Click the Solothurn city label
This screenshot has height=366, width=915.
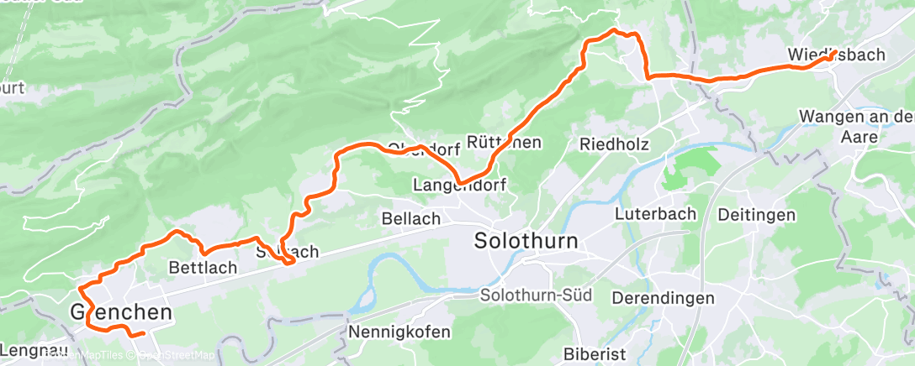click(x=526, y=241)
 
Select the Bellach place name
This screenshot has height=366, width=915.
click(x=411, y=218)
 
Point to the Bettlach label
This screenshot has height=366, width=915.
click(x=203, y=268)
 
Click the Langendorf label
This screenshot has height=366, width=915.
click(x=460, y=183)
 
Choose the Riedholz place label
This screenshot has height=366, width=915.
click(x=614, y=144)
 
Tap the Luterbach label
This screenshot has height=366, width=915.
click(x=655, y=213)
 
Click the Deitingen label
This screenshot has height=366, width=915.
click(x=757, y=215)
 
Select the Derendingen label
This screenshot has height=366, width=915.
click(x=664, y=298)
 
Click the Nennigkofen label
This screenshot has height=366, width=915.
click(x=399, y=332)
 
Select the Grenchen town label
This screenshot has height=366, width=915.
click(x=122, y=313)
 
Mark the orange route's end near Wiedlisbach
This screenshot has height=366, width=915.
click(x=832, y=56)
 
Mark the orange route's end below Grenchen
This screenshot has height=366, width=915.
click(x=144, y=333)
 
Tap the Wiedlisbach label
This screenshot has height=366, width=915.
click(x=836, y=55)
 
